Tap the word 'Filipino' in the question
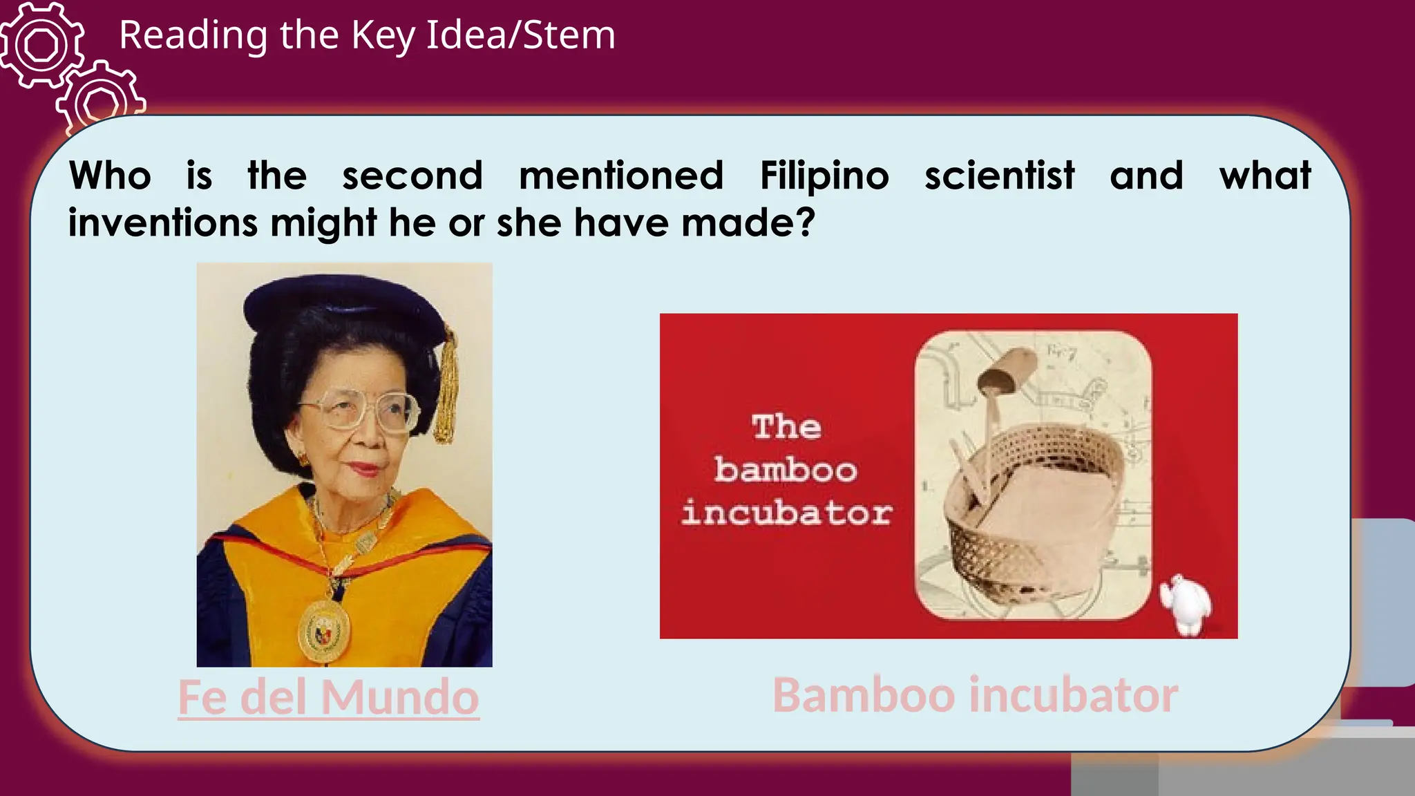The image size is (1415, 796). (x=824, y=176)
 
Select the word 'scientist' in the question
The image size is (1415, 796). (x=999, y=176)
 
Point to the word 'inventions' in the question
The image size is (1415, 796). (x=162, y=223)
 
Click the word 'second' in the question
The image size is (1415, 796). (x=412, y=176)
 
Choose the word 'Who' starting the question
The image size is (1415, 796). (x=110, y=176)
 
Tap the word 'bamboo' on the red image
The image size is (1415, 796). (x=786, y=470)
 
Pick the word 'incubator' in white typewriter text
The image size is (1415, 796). (x=786, y=513)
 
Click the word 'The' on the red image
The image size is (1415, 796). (x=786, y=427)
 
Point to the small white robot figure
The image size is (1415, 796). (x=1186, y=603)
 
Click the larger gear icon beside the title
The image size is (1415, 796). (x=41, y=45)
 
